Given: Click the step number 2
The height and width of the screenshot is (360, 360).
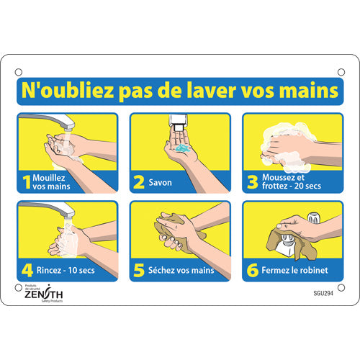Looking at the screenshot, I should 139,182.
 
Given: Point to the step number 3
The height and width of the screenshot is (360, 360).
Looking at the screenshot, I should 252,182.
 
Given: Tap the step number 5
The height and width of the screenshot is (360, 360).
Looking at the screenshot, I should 139,270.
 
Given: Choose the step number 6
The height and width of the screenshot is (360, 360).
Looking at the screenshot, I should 252,270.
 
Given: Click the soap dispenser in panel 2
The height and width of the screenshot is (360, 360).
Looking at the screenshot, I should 180,122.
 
